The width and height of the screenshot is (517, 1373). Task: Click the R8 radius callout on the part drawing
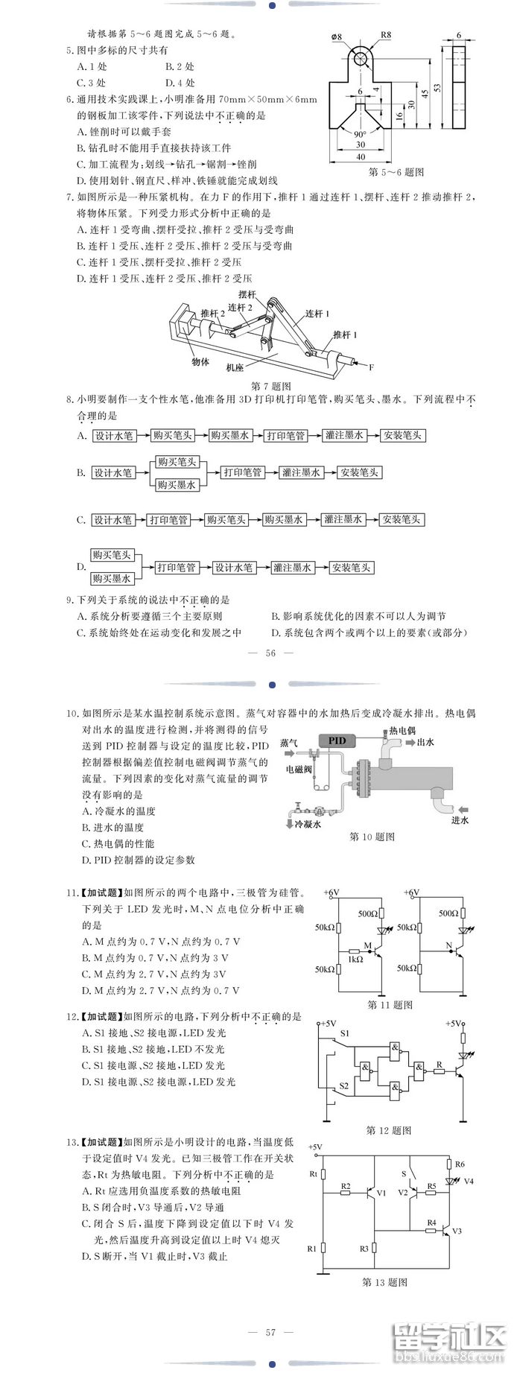[x=385, y=35]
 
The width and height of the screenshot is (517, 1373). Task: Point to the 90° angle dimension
[x=360, y=134]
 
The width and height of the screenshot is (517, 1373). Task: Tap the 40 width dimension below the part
[x=361, y=156]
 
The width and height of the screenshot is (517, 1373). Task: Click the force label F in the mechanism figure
[x=370, y=367]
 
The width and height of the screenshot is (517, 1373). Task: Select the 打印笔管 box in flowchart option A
[x=286, y=436]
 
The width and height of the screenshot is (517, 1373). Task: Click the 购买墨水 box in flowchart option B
[x=177, y=484]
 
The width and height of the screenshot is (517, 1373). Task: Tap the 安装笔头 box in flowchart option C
[x=402, y=520]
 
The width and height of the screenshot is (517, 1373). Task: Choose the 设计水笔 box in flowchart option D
[x=234, y=568]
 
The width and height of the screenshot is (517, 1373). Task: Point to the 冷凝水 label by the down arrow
[x=308, y=825]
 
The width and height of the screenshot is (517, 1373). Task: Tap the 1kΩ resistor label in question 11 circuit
[x=355, y=959]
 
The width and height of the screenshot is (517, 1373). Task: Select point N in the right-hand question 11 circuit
[x=449, y=947]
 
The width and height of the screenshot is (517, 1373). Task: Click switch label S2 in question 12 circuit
[x=343, y=1086]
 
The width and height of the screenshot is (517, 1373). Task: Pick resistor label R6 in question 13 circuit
[x=460, y=1164]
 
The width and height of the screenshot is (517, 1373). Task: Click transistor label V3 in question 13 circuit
[x=457, y=1231]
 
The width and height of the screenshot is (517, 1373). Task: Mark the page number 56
[x=270, y=653]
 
